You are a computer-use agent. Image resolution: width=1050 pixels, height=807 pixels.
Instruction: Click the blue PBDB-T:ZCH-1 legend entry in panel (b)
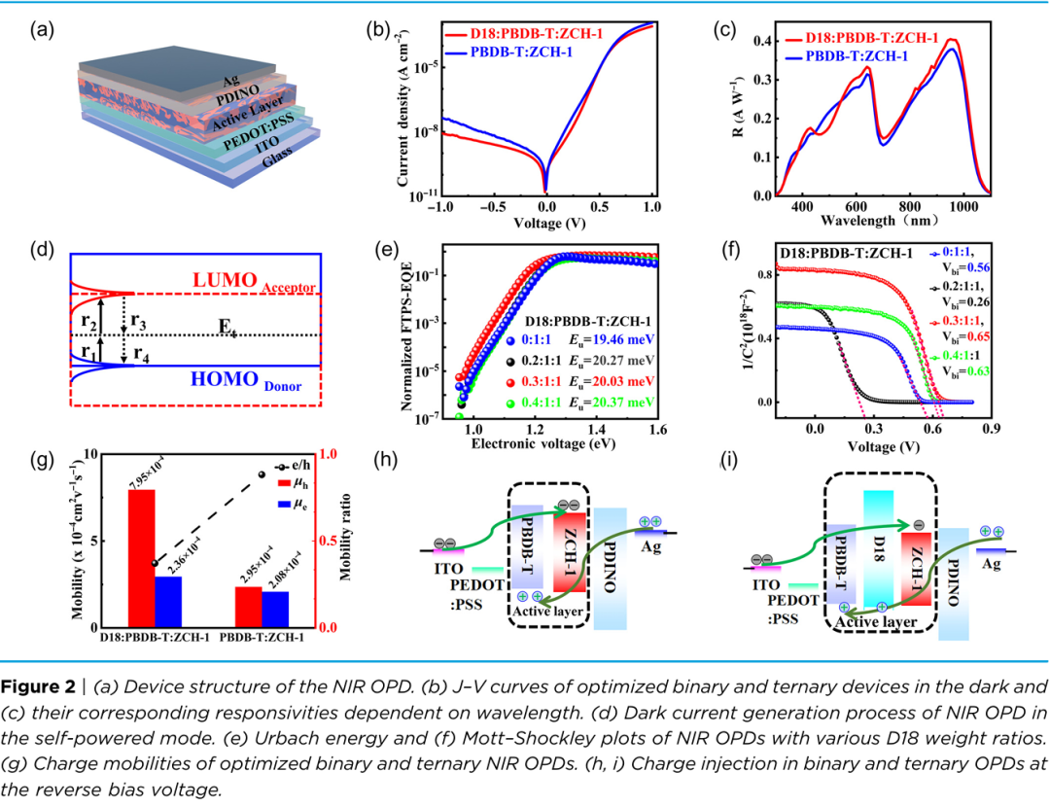point(530,53)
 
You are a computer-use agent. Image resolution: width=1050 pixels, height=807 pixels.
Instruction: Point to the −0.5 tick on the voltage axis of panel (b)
point(495,209)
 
